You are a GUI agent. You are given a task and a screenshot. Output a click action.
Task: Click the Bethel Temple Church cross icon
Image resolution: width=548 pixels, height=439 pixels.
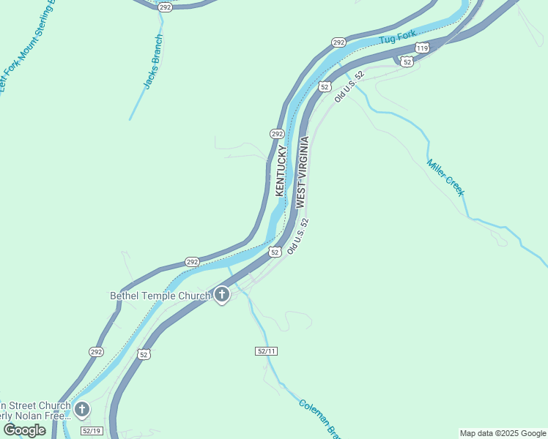point(222,296)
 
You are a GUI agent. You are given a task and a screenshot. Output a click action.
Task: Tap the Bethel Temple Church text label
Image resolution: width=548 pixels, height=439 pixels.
point(160,296)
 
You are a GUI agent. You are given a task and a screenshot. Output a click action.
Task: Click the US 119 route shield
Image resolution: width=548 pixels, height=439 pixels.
point(422,48)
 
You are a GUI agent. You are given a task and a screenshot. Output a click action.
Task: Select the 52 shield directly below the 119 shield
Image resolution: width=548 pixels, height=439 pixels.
point(407,61)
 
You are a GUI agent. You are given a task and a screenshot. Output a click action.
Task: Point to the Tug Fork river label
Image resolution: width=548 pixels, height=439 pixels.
point(397,36)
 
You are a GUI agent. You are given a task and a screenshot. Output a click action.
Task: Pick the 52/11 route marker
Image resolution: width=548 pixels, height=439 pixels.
point(267,351)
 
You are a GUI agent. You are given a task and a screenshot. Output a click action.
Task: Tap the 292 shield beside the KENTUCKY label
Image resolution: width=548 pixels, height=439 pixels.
point(277,134)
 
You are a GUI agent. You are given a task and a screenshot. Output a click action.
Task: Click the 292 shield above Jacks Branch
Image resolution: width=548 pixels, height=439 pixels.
point(165,7)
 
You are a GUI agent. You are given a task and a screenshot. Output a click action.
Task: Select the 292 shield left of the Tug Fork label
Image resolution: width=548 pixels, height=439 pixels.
point(338,42)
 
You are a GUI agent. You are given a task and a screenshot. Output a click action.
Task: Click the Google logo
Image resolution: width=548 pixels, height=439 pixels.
point(24,429)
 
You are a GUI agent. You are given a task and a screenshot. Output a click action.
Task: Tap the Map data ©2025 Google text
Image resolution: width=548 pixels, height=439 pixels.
point(503,433)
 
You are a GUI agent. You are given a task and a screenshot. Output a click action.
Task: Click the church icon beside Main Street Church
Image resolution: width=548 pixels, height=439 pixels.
point(83,409)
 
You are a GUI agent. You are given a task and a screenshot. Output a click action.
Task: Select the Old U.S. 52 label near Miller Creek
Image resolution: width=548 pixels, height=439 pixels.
point(349,86)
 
